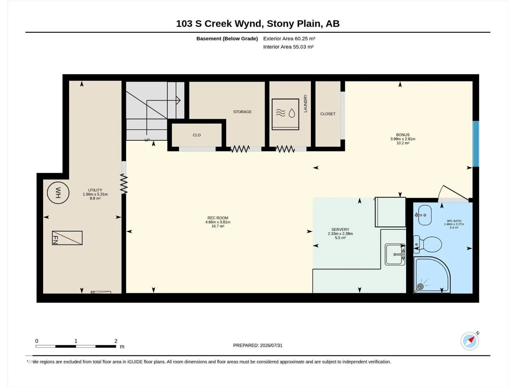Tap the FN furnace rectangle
(67, 238)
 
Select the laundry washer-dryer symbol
(285, 114)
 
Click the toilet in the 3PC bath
(428, 244)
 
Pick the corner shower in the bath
(432, 275)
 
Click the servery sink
(395, 254)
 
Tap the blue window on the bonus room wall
(476, 144)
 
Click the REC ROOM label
(218, 218)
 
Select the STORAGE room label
(243, 112)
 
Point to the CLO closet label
(197, 135)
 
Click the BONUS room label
(403, 135)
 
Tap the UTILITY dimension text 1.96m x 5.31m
(95, 194)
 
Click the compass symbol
(470, 341)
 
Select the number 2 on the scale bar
(116, 341)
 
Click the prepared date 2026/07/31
(271, 345)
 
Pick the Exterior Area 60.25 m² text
(289, 38)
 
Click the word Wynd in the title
(249, 24)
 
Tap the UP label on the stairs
(147, 140)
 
